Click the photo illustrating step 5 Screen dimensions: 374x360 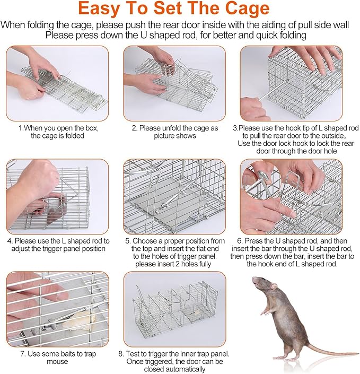pos(175,196)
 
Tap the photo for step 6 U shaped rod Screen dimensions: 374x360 pos(291,196)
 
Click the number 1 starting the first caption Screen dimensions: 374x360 pos(21,128)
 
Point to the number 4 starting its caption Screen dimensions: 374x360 pos(9,240)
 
